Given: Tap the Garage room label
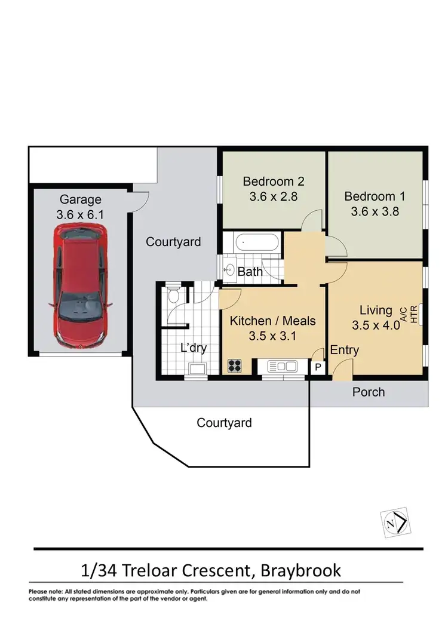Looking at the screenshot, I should (x=80, y=199).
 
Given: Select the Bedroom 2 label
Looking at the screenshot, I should (x=268, y=182).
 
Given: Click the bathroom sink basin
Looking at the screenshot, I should (x=229, y=270).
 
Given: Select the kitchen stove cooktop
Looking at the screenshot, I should (x=234, y=366).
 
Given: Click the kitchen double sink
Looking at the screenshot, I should (x=279, y=366).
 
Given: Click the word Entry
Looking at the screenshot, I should (x=344, y=350).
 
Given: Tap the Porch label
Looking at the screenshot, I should (x=368, y=392).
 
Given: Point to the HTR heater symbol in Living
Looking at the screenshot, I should (x=422, y=314).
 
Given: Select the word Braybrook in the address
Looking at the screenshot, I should (x=301, y=570).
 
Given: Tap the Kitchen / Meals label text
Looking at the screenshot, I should (x=272, y=321).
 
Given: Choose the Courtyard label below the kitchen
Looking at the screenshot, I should (x=224, y=423).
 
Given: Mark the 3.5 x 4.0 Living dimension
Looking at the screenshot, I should (x=375, y=325).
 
